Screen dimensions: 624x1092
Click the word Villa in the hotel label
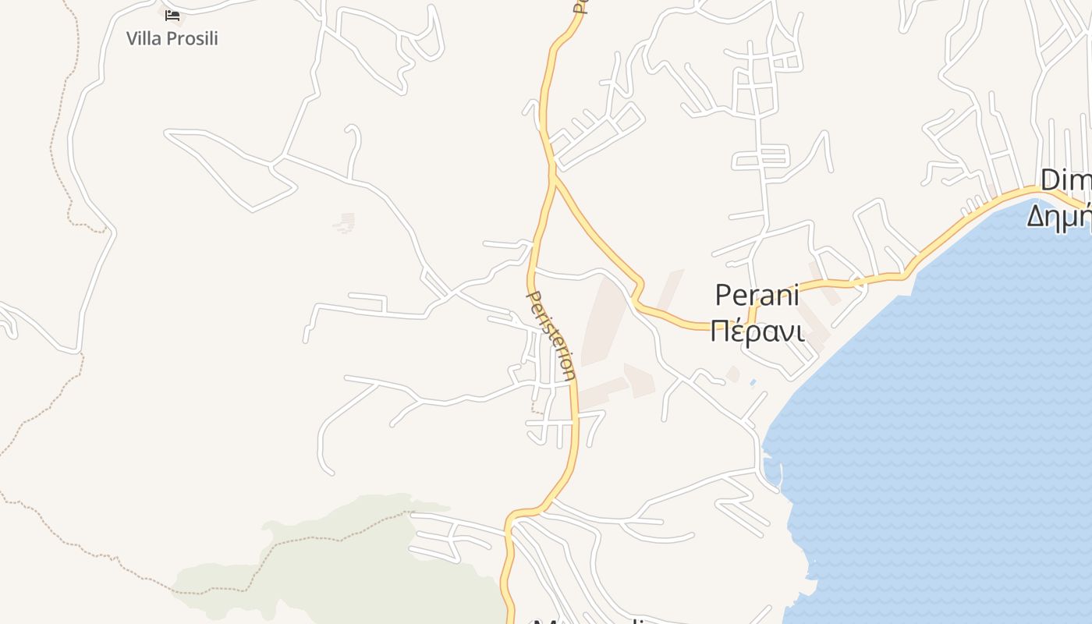click(145, 38)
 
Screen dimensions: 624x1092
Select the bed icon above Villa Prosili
click(172, 15)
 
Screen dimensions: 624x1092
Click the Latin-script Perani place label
click(757, 296)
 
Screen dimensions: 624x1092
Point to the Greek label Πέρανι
click(757, 331)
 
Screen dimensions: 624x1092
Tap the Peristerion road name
click(551, 335)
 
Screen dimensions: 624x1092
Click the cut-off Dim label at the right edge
click(1065, 181)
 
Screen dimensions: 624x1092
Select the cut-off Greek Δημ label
click(1058, 214)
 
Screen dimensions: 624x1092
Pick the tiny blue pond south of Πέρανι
click(752, 383)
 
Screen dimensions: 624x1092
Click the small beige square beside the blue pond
click(732, 374)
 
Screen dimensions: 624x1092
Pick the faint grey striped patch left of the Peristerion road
click(344, 223)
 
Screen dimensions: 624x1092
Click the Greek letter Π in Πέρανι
click(721, 331)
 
